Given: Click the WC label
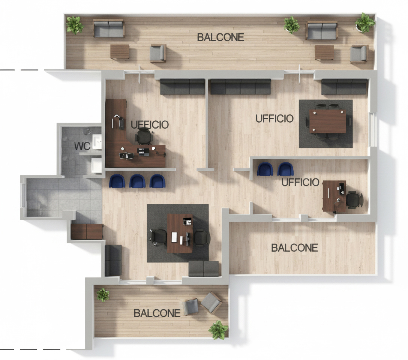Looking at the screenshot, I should pyautogui.click(x=82, y=146).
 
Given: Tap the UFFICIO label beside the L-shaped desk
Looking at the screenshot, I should pyautogui.click(x=150, y=124).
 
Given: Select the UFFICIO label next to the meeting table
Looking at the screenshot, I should pyautogui.click(x=274, y=119).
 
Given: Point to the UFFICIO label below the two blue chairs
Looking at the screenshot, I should pyautogui.click(x=300, y=183).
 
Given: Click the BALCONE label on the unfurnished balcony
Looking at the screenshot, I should pyautogui.click(x=294, y=248).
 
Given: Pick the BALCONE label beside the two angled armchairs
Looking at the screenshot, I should pyautogui.click(x=157, y=313).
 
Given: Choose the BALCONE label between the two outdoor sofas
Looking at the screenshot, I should pyautogui.click(x=220, y=37).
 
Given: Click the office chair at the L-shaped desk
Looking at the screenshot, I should pyautogui.click(x=144, y=136).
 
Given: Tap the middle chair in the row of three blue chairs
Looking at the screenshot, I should pyautogui.click(x=137, y=181).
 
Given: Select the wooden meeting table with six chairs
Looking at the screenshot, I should pyautogui.click(x=328, y=121).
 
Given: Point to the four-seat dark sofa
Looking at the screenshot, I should pyautogui.click(x=240, y=87).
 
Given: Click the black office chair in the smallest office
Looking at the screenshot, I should pyautogui.click(x=354, y=199).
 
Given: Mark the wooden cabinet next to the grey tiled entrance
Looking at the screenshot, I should pyautogui.click(x=87, y=232).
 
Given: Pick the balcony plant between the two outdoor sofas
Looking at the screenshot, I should pyautogui.click(x=291, y=25).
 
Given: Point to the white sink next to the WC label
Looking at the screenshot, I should pyautogui.click(x=97, y=142).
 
